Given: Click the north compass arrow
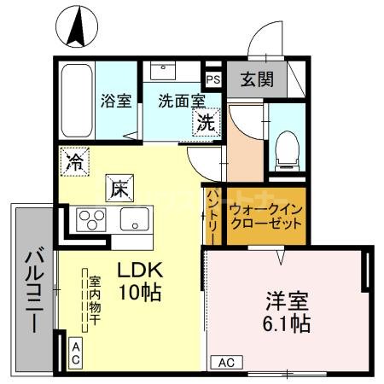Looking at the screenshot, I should point(76,25).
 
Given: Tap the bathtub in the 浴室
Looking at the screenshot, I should point(76,100).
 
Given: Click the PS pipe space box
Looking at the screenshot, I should point(212,79).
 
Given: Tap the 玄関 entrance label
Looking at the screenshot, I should point(256,80).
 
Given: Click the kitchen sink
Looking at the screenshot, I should point(135,218).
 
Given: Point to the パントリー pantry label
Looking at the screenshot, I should point(212,216).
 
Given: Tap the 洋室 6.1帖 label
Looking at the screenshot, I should point(285,313).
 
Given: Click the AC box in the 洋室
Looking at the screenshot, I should point(226,362).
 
